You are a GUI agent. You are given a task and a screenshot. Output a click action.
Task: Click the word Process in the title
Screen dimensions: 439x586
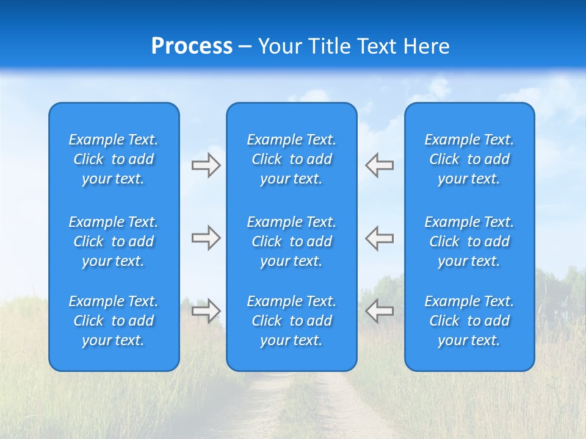(x=192, y=46)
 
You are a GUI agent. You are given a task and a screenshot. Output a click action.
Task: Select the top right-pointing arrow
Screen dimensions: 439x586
(x=206, y=165)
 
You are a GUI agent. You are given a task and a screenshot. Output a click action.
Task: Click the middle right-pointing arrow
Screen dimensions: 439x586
(x=206, y=238)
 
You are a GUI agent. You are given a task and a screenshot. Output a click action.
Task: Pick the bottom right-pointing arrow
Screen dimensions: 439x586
(x=206, y=310)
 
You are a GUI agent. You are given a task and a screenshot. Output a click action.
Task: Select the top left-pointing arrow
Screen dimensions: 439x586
(x=380, y=165)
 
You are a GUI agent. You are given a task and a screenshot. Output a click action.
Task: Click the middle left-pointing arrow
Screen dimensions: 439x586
(x=380, y=238)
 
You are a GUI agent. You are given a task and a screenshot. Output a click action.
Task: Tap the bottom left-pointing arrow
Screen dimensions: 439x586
(x=380, y=310)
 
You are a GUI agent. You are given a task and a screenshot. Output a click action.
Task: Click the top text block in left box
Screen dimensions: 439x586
(x=114, y=159)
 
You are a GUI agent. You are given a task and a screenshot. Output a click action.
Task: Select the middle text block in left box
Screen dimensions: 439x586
(x=114, y=241)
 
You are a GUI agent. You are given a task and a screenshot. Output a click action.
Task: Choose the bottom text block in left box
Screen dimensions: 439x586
(x=114, y=321)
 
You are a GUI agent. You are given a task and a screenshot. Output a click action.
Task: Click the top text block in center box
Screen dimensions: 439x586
(x=292, y=159)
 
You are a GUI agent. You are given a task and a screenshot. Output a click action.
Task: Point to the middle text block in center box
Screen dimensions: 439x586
(x=292, y=241)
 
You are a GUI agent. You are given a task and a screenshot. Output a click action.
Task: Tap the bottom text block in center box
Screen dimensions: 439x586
(x=292, y=321)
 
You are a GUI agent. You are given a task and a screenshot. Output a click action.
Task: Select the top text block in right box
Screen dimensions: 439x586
(x=469, y=159)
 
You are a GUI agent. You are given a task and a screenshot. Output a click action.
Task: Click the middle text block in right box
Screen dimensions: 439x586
(x=469, y=241)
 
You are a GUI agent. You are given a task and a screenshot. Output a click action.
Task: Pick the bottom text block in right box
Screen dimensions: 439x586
(x=469, y=321)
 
